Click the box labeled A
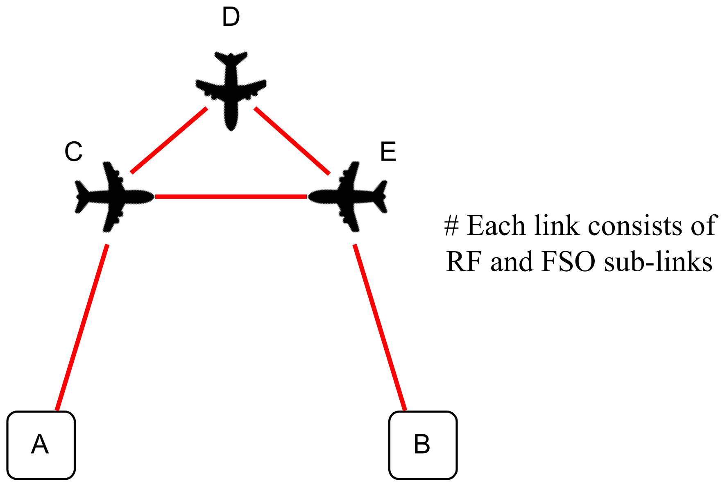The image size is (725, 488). (41, 445)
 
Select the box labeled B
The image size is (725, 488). (423, 445)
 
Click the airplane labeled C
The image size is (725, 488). (113, 197)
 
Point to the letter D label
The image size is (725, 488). (231, 18)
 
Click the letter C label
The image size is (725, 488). (74, 152)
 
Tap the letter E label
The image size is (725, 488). (388, 152)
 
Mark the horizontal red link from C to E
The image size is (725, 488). (231, 197)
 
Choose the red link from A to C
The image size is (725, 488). (82, 327)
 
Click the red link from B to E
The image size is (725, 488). (380, 327)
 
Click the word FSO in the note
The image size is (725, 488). (568, 261)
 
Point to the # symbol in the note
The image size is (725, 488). (451, 226)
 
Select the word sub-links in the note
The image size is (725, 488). (658, 261)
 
